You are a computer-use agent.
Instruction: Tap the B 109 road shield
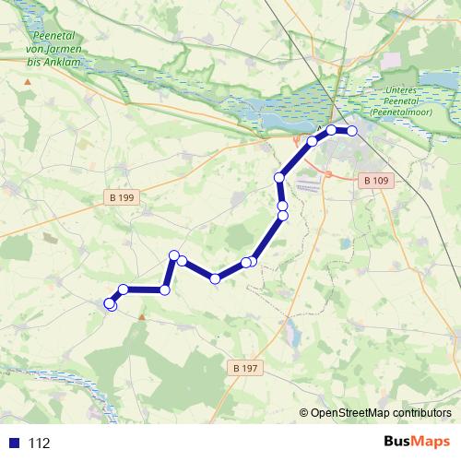coord(375,181)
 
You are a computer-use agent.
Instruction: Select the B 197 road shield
coord(240,368)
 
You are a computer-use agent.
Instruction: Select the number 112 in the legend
coord(40,443)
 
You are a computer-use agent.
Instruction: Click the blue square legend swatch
coord(13,443)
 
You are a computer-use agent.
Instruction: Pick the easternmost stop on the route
coord(351,132)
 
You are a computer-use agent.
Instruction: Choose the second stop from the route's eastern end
coord(332,130)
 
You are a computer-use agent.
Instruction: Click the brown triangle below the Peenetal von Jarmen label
coord(29,82)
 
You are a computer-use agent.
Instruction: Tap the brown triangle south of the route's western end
coord(141,317)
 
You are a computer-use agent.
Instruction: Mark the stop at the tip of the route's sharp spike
coord(172,254)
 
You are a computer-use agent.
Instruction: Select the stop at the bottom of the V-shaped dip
coord(215,278)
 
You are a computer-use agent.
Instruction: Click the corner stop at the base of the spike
coord(165,290)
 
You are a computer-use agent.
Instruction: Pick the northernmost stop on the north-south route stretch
coord(278,176)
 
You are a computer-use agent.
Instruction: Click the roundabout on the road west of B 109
coord(327,172)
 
